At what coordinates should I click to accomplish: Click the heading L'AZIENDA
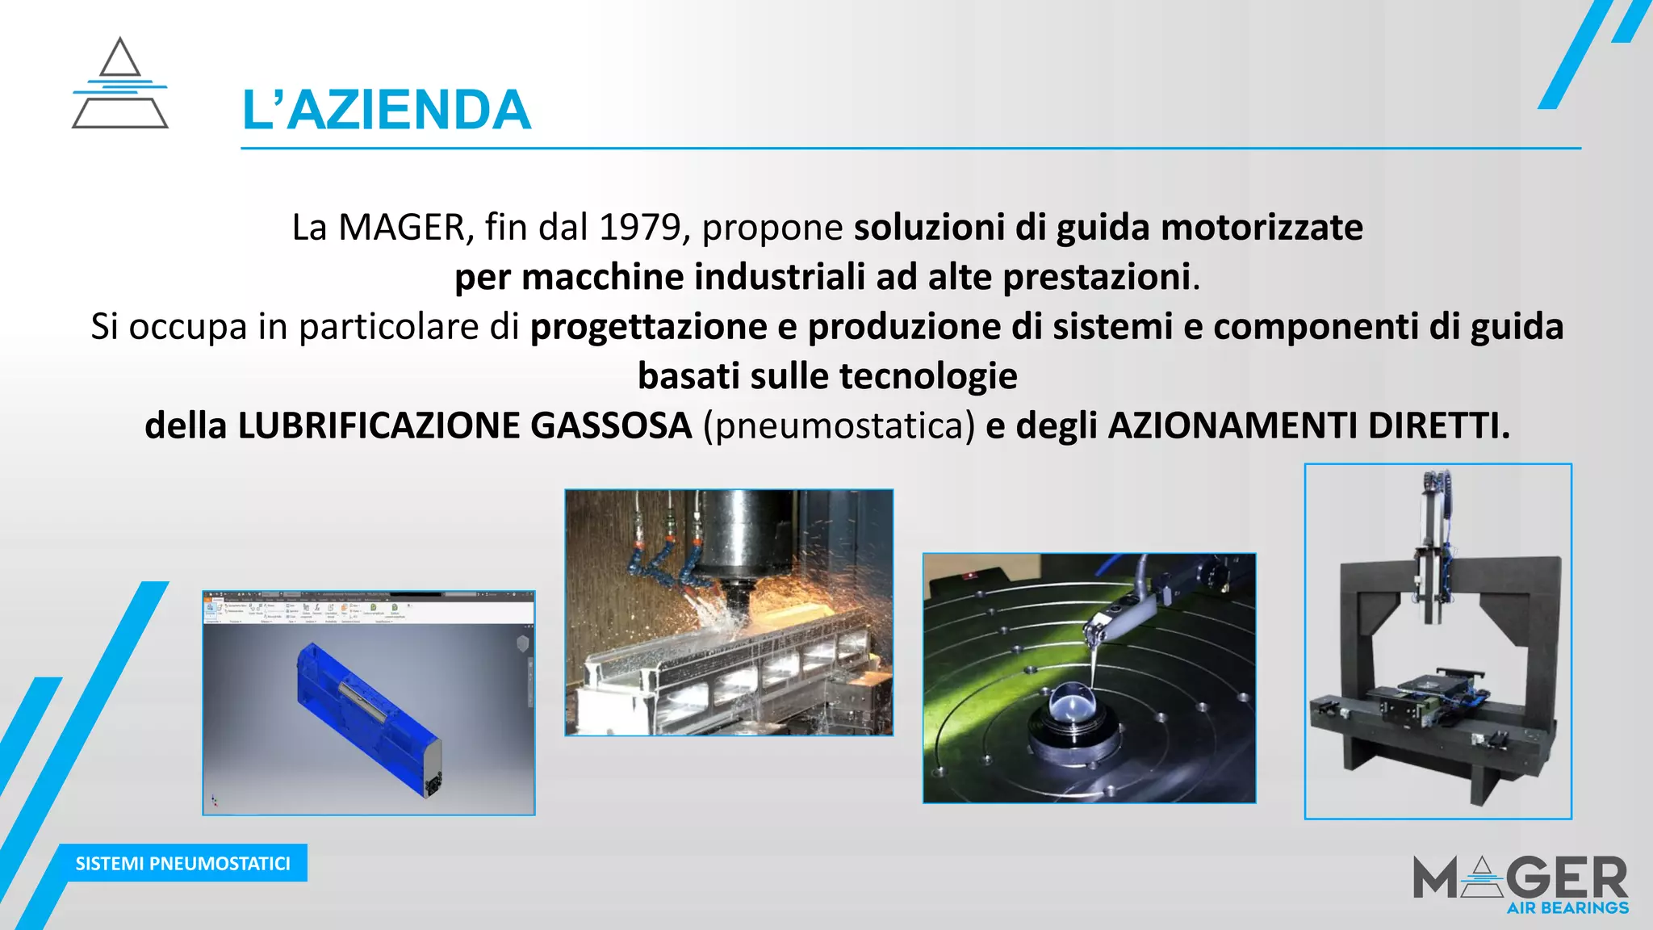click(386, 111)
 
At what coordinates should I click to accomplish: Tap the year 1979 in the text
click(640, 228)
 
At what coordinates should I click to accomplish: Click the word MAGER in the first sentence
click(401, 228)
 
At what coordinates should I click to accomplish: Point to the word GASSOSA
click(611, 425)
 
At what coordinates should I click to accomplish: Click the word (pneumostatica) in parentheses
click(839, 425)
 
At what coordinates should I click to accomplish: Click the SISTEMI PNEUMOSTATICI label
click(182, 863)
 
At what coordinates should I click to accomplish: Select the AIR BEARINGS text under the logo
click(1567, 908)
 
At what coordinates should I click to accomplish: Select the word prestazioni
click(1096, 277)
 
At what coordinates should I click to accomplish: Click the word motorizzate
click(1262, 228)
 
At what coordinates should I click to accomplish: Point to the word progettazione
click(648, 327)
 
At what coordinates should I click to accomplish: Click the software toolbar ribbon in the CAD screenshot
click(368, 610)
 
